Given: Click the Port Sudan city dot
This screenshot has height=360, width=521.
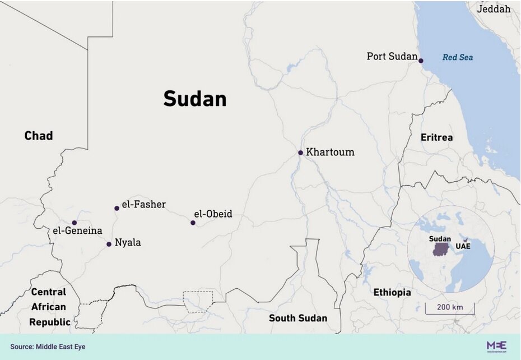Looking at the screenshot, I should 421,61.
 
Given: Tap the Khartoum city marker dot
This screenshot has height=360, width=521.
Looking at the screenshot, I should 300,153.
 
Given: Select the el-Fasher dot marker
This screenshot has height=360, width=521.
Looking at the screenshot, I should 117,208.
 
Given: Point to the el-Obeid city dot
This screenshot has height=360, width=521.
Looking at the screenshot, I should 193,223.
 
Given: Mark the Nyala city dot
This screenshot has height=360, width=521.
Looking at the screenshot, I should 109,244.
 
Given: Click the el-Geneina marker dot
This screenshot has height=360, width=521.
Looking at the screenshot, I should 74,223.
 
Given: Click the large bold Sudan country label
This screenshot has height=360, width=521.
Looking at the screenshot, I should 195,99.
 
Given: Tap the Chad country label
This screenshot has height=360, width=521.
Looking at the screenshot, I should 39,136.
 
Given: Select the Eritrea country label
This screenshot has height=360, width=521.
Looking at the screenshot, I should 437,137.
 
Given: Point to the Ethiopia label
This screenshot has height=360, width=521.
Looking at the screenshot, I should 392,292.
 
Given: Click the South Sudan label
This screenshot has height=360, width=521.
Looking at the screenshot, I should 298,318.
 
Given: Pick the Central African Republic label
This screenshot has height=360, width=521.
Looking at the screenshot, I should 49,307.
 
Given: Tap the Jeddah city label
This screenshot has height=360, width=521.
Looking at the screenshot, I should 494,9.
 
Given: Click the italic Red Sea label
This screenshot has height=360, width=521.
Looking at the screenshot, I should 458,57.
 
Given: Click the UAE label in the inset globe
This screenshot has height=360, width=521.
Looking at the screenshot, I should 463,246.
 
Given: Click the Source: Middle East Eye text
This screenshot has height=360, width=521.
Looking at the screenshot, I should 48,347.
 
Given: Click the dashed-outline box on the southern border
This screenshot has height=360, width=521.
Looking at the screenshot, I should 198,301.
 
